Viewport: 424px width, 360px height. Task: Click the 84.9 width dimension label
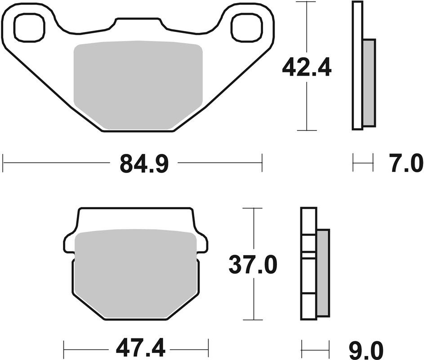click(x=144, y=164)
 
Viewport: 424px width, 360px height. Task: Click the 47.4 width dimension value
click(x=136, y=347)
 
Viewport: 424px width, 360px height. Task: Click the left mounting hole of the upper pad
click(x=30, y=27)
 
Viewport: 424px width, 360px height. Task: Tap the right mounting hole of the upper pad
click(x=247, y=27)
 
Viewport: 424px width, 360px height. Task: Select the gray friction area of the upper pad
click(x=138, y=83)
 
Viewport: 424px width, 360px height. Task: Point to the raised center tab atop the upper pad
click(x=138, y=25)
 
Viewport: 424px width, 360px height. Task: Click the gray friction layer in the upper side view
click(x=369, y=82)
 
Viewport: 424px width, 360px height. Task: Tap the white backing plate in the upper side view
click(x=357, y=66)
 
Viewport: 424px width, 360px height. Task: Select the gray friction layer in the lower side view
click(x=323, y=272)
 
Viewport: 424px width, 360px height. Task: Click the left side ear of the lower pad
click(x=69, y=243)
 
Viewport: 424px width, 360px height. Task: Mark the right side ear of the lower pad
click(x=202, y=243)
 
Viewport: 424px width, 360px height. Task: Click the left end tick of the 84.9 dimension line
click(x=3, y=162)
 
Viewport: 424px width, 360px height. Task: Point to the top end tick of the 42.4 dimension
click(x=306, y=2)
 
